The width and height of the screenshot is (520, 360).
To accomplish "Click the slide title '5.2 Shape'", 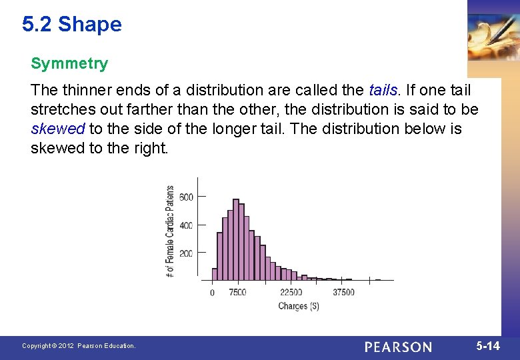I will click(72, 25).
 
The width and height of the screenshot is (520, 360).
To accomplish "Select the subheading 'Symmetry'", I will click(69, 64).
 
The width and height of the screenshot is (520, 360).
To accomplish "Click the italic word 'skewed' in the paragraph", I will click(57, 129).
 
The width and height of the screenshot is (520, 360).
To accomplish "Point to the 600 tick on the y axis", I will click(186, 197).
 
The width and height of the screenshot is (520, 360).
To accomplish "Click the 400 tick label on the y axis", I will click(186, 225).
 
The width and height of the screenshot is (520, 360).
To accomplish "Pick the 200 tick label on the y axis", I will click(186, 254).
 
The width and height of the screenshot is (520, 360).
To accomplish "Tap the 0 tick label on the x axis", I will click(212, 292).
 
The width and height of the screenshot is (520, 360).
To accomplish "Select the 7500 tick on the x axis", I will click(237, 292).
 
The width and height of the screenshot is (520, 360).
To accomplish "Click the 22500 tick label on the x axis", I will click(291, 292).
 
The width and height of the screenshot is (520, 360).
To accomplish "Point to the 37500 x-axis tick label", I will click(343, 292).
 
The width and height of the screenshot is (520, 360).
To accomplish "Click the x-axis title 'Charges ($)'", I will click(298, 306).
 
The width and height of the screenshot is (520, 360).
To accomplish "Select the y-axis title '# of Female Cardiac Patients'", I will click(170, 231).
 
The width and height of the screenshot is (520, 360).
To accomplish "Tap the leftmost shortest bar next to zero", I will click(215, 273).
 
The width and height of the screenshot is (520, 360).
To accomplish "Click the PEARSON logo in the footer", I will click(398, 347).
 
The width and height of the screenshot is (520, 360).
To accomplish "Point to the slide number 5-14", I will click(488, 345).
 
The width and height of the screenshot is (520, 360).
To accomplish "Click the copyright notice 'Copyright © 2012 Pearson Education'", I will click(79, 346).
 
